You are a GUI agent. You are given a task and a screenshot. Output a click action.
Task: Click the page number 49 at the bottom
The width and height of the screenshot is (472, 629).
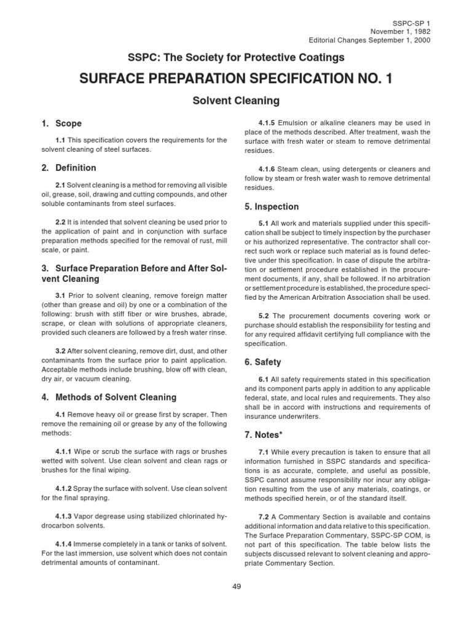[x=237, y=587]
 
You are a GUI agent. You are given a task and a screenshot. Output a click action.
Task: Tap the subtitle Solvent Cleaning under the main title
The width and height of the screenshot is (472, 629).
[x=237, y=100]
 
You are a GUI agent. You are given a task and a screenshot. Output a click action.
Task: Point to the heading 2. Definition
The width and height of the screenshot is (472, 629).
[x=68, y=167]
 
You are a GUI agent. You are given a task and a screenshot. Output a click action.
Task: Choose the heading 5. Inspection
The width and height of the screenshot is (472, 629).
[x=272, y=206]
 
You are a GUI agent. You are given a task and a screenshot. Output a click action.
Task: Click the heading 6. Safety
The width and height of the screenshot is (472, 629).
[x=266, y=362]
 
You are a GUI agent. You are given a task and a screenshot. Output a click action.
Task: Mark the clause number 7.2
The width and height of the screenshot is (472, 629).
[x=265, y=517]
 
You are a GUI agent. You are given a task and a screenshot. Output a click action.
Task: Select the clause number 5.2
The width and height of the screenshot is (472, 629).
[x=265, y=315]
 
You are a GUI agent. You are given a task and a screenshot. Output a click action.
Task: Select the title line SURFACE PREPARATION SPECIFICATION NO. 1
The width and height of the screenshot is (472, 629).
[x=237, y=79]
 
